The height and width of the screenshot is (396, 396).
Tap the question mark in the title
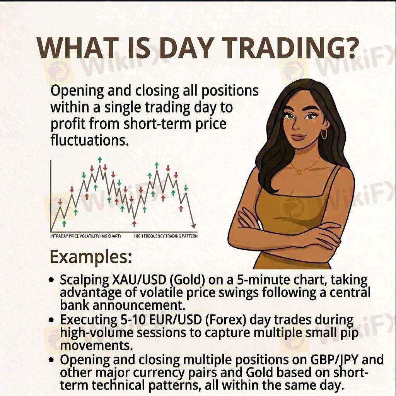click(352, 48)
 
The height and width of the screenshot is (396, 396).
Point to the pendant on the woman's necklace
click(299, 172)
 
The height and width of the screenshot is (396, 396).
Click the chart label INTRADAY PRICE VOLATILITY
click(75, 236)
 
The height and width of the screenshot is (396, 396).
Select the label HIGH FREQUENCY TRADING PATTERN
click(166, 236)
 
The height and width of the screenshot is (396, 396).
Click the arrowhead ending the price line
click(193, 225)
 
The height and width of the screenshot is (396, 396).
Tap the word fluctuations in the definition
click(90, 140)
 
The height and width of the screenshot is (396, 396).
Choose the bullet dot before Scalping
click(52, 280)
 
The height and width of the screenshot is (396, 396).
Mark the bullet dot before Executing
click(52, 320)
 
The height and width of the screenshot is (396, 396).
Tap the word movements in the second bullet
click(96, 345)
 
